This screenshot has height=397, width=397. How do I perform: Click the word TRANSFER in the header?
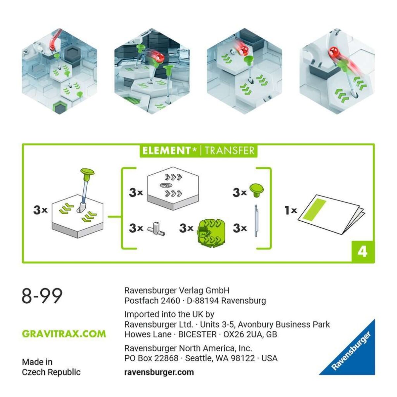(230, 151)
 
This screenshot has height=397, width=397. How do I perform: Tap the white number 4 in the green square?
(362, 252)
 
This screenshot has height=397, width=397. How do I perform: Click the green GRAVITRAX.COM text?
(64, 333)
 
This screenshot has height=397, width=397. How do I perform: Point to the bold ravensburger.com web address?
(159, 372)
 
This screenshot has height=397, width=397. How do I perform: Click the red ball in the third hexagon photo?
(245, 50)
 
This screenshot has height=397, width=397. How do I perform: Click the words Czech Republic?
(51, 372)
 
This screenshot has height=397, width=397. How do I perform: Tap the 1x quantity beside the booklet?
(291, 210)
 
